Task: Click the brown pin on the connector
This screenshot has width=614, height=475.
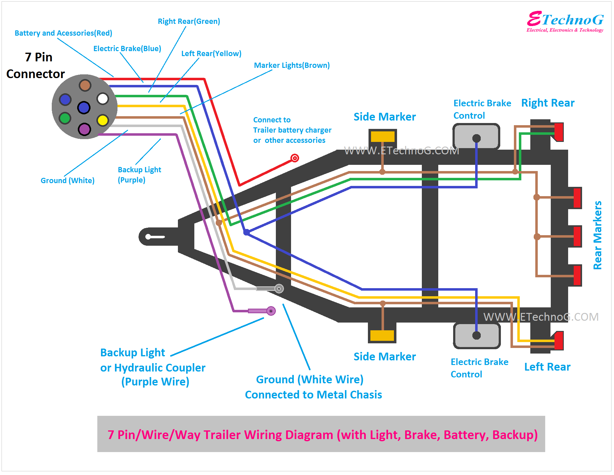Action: tap(85, 85)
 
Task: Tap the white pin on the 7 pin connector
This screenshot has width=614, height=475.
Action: tap(103, 99)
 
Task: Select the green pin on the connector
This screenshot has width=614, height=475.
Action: tap(65, 118)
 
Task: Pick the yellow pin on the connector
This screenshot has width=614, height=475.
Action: tap(103, 120)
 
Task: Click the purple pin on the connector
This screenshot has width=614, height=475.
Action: tap(84, 129)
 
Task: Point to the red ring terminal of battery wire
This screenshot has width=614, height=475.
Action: tap(295, 158)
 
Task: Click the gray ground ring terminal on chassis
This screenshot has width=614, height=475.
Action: tap(279, 289)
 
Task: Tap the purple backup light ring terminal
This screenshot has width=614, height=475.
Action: tap(271, 311)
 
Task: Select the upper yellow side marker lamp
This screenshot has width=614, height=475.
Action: tap(383, 136)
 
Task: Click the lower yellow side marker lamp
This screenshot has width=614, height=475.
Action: tap(382, 336)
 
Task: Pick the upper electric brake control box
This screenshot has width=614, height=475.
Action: tap(476, 136)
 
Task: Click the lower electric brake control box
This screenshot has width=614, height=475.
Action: tap(477, 336)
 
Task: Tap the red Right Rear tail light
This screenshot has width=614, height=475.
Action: tap(559, 132)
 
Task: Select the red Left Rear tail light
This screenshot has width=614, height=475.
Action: tap(559, 341)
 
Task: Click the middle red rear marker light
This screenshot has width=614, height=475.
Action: tap(577, 236)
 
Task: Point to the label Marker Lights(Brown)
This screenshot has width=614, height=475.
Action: tap(292, 65)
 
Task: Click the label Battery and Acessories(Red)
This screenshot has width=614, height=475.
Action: tap(64, 33)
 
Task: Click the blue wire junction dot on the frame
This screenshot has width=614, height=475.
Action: tap(246, 232)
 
